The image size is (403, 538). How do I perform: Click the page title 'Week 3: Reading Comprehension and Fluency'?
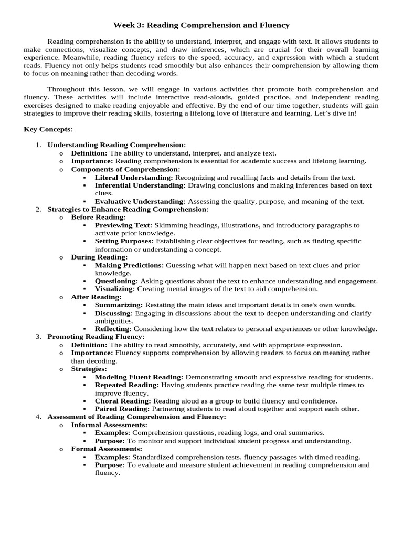click(201, 25)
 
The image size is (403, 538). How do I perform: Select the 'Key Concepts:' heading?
click(49, 129)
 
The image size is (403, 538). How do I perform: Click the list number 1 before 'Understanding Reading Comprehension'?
click(38, 144)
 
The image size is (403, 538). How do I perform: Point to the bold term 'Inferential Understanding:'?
click(140, 185)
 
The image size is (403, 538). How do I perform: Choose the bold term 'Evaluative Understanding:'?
click(140, 201)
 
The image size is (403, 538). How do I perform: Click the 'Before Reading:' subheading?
click(99, 217)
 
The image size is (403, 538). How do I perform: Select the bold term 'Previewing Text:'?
click(123, 225)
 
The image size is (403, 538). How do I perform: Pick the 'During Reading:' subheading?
click(99, 257)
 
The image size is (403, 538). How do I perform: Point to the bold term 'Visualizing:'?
click(115, 289)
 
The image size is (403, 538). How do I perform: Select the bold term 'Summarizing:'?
click(119, 305)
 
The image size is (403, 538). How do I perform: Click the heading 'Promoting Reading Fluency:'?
click(96, 337)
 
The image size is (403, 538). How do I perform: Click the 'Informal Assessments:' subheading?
click(109, 425)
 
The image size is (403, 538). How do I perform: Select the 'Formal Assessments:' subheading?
click(107, 449)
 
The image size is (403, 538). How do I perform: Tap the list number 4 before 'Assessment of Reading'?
click(38, 417)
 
